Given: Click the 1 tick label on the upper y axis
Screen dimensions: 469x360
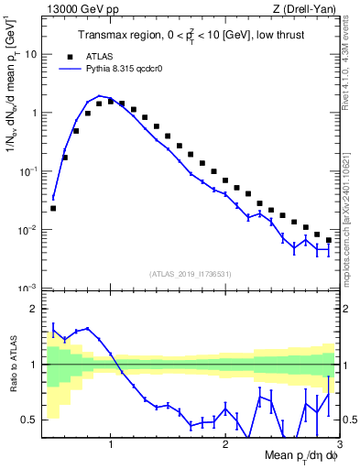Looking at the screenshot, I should [x=35, y=113].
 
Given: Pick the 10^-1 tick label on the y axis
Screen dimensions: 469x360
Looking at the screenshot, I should [x=29, y=170].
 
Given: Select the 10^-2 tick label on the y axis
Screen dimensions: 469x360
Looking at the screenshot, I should [x=29, y=229].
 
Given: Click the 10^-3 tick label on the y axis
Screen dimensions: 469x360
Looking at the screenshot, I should [x=29, y=288].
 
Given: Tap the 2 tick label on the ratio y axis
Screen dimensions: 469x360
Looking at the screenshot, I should [x=35, y=309].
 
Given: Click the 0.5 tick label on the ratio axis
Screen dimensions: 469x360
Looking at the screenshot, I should [x=30, y=420].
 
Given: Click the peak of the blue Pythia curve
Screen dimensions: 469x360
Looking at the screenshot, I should [x=100, y=95].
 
